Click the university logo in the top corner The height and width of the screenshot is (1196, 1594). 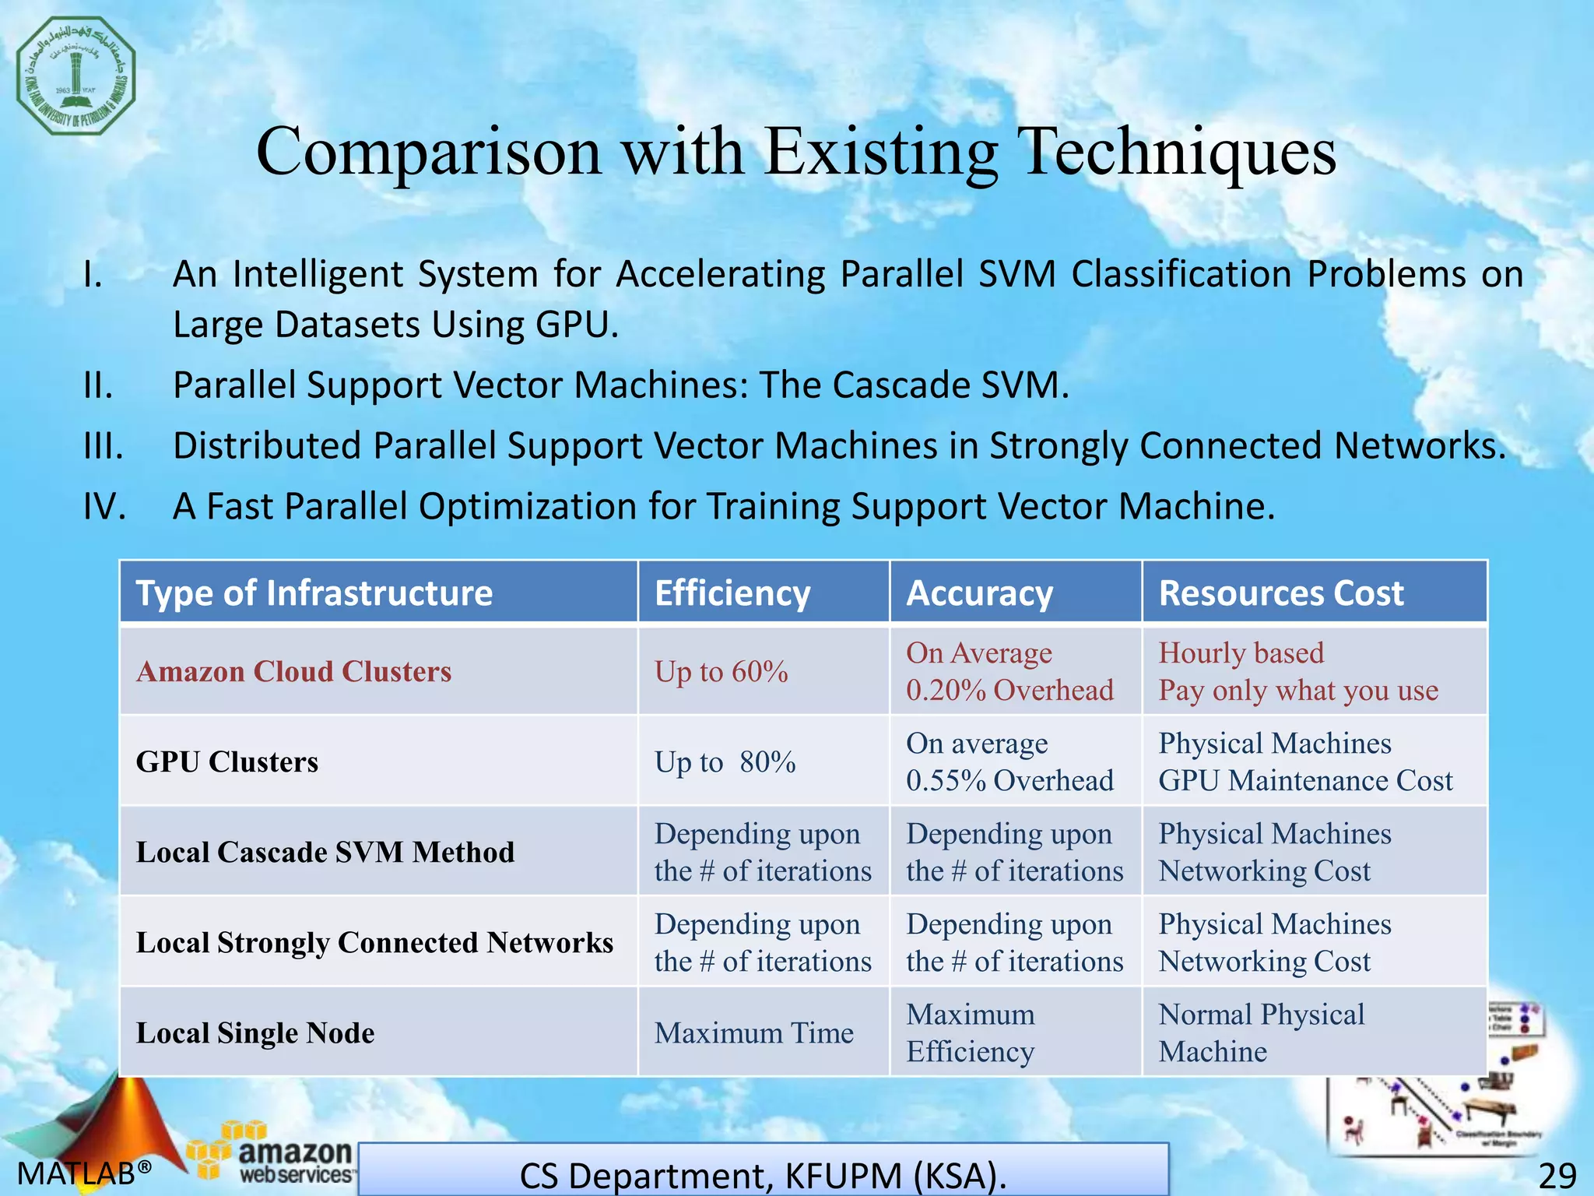click(75, 76)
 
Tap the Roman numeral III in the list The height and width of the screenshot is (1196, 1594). click(103, 446)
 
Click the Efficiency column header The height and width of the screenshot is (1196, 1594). click(732, 593)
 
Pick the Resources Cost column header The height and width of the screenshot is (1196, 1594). click(1281, 593)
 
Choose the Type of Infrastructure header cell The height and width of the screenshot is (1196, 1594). click(314, 593)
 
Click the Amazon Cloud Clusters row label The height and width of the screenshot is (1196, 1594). click(293, 672)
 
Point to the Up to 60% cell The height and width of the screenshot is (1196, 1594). click(721, 672)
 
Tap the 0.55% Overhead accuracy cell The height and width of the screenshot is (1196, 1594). click(1009, 762)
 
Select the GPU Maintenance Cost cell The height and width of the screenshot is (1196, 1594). click(1305, 762)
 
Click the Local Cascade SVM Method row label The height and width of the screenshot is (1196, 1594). click(325, 853)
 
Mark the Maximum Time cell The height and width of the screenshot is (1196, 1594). click(753, 1033)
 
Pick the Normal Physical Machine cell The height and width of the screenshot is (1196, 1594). click(1261, 1033)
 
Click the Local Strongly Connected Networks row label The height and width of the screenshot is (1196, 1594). click(374, 943)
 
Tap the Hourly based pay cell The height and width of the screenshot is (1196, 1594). click(1297, 672)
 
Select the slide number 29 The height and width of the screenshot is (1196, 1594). click(1557, 1175)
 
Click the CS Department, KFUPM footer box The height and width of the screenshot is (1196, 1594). click(763, 1172)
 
